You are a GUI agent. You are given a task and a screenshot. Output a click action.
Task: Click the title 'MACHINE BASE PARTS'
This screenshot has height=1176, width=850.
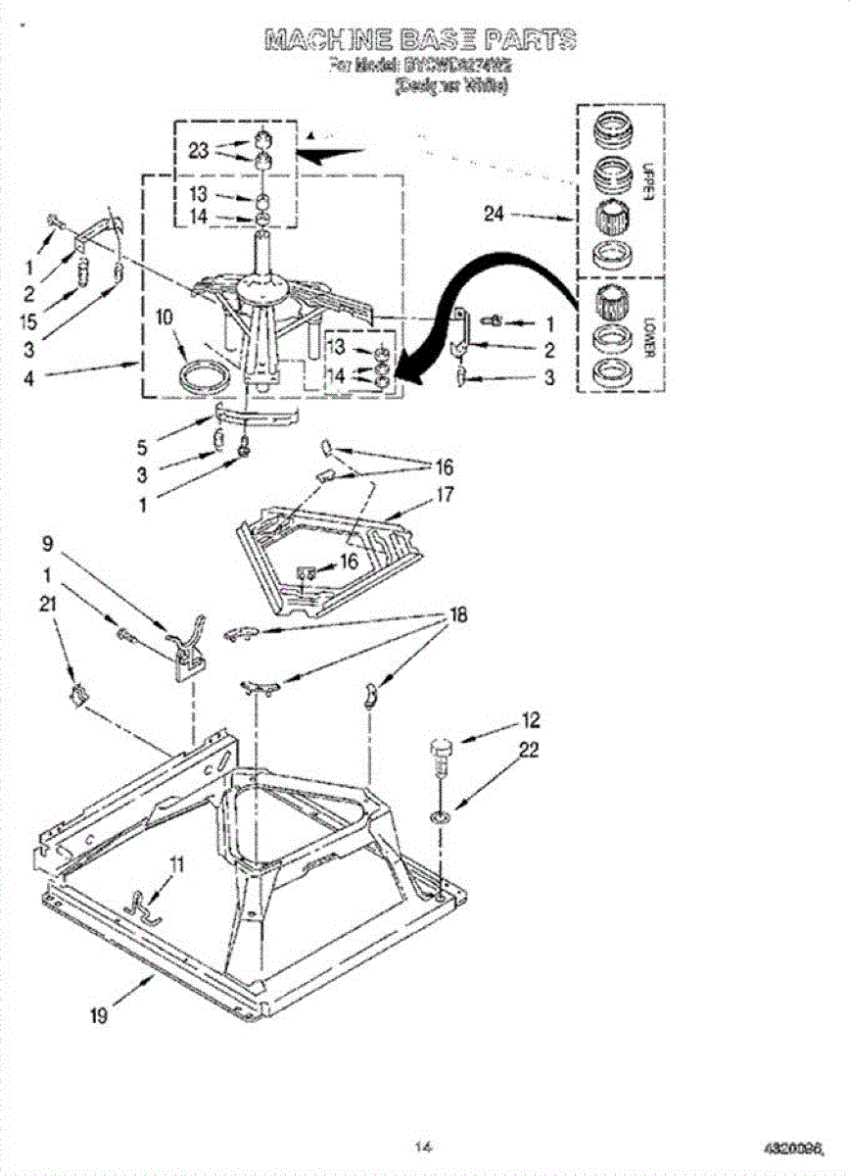pyautogui.click(x=420, y=40)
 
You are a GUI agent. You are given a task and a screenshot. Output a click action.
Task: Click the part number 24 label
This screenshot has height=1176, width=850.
pyautogui.click(x=494, y=215)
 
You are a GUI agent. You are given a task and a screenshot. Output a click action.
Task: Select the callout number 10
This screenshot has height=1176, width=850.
pyautogui.click(x=164, y=318)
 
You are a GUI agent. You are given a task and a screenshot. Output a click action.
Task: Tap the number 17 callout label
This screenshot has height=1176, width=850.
pyautogui.click(x=445, y=495)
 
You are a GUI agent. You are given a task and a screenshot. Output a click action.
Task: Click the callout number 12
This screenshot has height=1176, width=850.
pyautogui.click(x=530, y=721)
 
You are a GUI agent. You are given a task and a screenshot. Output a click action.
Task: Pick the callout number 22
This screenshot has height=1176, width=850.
pyautogui.click(x=529, y=751)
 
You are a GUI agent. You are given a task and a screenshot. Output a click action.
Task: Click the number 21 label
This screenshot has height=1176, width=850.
pyautogui.click(x=47, y=605)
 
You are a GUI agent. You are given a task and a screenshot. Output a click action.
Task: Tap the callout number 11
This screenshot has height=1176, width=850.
pyautogui.click(x=176, y=864)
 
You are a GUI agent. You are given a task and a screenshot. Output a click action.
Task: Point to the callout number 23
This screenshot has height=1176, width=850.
pyautogui.click(x=199, y=151)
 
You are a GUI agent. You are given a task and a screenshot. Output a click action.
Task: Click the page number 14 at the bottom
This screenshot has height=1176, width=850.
pyautogui.click(x=423, y=1145)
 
